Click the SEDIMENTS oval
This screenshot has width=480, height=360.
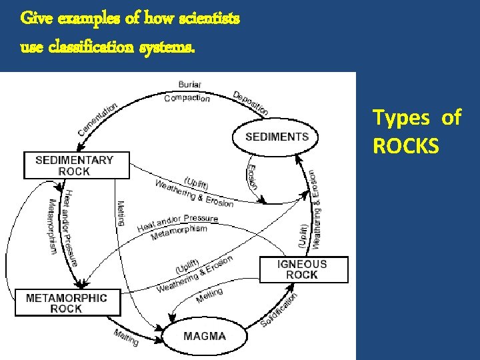point(277,137)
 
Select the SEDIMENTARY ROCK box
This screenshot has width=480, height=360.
point(77,165)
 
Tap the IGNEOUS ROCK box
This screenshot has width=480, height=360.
point(303,269)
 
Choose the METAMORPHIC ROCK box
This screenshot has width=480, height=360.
point(66,303)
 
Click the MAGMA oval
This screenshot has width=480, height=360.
point(205,336)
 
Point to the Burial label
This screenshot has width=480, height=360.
point(190,85)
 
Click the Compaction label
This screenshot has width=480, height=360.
point(187,98)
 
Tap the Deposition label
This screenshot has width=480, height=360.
point(251,103)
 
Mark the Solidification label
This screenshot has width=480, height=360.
point(279,309)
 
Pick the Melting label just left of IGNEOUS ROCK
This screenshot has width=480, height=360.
point(210,295)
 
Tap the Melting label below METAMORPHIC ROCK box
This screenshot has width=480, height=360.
point(126,337)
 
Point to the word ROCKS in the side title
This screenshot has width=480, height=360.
point(406,146)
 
